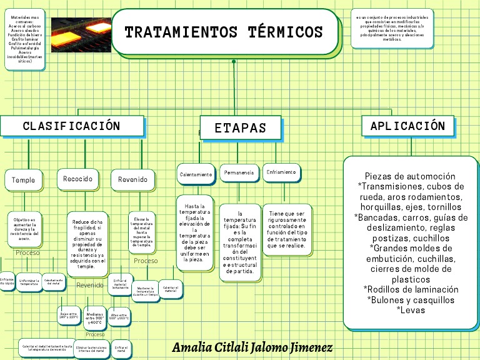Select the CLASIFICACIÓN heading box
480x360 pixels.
[71, 126]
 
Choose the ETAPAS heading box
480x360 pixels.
[241, 128]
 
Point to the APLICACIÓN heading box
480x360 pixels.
[407, 126]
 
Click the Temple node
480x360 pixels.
[24, 180]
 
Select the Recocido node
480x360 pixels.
[77, 179]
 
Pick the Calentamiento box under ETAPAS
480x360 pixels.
[196, 175]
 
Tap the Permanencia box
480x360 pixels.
[239, 172]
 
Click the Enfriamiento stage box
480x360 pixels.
[281, 172]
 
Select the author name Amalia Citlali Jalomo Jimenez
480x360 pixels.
[252, 347]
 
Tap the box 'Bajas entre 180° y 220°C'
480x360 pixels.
[68, 316]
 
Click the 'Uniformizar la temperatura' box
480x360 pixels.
[29, 282]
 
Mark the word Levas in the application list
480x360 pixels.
[411, 309]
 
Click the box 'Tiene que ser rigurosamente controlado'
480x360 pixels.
[287, 229]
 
